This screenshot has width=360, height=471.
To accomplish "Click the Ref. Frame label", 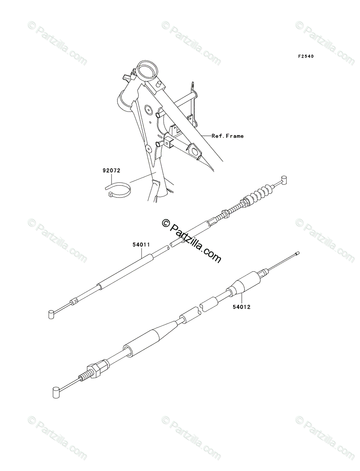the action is tap(228, 136).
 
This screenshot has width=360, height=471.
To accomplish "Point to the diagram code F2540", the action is tap(305, 57).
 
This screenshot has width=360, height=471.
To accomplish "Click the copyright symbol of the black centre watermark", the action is tap(165, 223).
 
